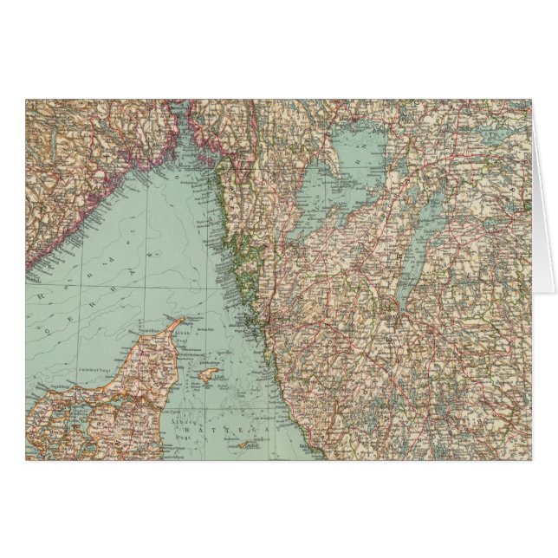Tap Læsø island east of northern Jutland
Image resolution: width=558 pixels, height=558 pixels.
206,375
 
